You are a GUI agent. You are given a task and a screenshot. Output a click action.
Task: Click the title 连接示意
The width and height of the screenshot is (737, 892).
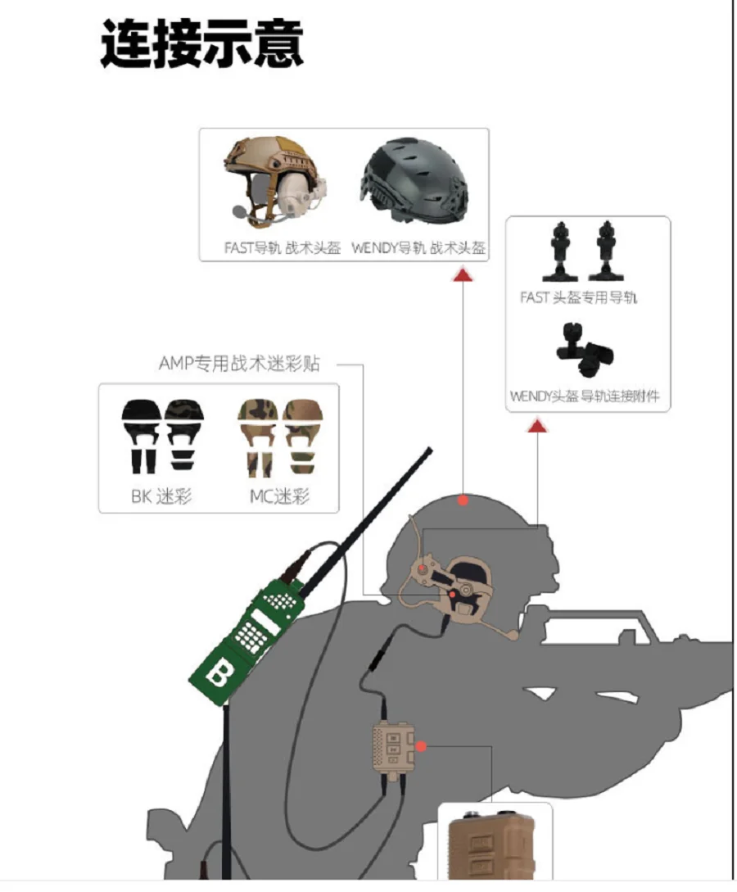(x=202, y=43)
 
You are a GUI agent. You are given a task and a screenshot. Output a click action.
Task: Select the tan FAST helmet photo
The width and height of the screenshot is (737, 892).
(x=276, y=180)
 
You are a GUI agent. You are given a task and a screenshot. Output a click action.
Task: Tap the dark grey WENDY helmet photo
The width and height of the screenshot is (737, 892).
(x=414, y=179)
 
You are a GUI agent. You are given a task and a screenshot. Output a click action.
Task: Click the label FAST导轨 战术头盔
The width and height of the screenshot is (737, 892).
(x=283, y=248)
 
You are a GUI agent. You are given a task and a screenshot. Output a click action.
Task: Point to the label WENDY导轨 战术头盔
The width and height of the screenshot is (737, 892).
(x=418, y=248)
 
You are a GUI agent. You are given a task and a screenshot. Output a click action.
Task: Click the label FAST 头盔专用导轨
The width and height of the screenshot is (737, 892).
(x=578, y=297)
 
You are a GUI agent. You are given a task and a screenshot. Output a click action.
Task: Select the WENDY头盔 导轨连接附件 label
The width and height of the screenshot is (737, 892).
(x=585, y=396)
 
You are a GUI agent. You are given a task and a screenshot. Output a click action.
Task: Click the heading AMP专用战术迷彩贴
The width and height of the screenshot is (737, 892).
(x=239, y=364)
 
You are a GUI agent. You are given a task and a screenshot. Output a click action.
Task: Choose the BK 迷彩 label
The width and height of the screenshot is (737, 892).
(x=161, y=496)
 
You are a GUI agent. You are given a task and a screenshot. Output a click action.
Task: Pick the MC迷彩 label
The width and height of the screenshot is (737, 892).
(x=280, y=496)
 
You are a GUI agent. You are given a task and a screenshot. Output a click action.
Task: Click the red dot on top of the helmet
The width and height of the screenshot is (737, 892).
(x=463, y=500)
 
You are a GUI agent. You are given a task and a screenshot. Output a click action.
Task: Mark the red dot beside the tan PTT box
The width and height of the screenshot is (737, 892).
(x=421, y=746)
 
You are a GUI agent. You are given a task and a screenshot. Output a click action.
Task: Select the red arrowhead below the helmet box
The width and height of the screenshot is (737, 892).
(x=463, y=276)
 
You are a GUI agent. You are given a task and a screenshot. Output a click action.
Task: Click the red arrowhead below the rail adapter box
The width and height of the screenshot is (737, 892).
(x=537, y=425)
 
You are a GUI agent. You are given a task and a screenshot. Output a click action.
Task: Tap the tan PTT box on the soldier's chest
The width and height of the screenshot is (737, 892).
(x=393, y=748)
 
